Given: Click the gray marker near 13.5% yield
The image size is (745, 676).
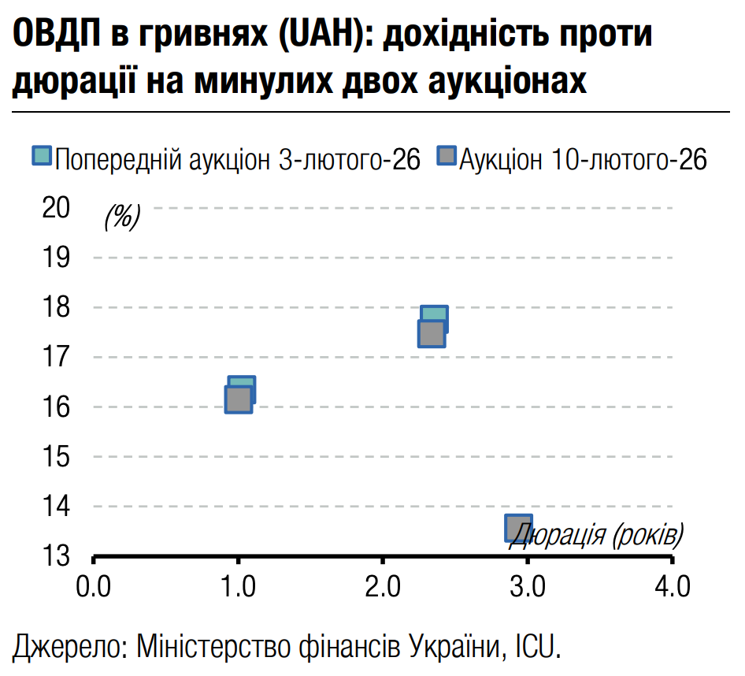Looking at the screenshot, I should [x=518, y=528].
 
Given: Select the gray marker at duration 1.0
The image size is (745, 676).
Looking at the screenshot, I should [x=238, y=399].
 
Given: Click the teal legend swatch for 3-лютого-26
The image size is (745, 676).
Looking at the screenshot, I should [x=42, y=156].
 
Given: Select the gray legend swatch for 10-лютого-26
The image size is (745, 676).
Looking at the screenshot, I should [x=447, y=156].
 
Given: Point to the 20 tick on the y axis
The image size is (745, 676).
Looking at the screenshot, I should [x=56, y=208].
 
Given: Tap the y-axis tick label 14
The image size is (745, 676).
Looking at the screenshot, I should [x=56, y=507].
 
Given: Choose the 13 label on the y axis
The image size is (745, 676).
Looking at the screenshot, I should [x=56, y=556].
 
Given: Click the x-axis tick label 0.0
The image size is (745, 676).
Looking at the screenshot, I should [x=93, y=587].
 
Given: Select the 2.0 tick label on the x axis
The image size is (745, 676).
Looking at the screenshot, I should [x=383, y=587].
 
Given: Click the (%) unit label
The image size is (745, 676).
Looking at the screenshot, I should [x=122, y=216].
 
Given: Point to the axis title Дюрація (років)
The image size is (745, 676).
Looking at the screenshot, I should [x=597, y=537].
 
